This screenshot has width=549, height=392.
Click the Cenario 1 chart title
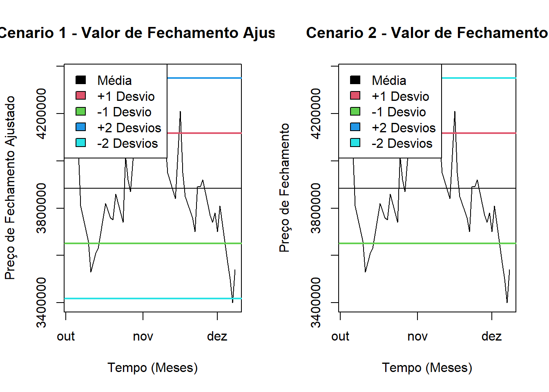tap(137, 33)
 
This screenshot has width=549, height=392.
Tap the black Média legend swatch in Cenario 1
tap(81, 80)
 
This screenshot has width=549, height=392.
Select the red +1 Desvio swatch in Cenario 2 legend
tap(355, 96)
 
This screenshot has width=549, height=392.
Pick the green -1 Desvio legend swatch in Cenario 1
tap(81, 111)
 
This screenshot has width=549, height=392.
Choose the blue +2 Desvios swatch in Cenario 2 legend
tap(355, 127)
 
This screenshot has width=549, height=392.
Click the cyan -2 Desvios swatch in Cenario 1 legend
tap(81, 143)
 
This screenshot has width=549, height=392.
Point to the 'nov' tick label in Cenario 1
tap(143, 336)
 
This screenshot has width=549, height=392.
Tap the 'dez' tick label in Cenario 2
tap(491, 336)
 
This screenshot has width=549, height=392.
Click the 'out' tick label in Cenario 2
tap(340, 336)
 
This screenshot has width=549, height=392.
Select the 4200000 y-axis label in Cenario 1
tap(41, 114)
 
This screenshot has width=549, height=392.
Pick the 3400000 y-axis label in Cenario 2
tap(316, 303)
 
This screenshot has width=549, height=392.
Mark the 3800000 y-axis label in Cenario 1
tap(41, 208)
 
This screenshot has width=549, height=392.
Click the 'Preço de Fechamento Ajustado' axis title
tap(10, 188)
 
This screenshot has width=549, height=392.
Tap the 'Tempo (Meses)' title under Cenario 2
tap(427, 367)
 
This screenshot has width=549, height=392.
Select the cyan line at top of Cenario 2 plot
tap(478, 78)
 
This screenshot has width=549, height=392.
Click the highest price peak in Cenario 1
tap(180, 111)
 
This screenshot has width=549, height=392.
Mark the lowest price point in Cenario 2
tap(507, 302)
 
